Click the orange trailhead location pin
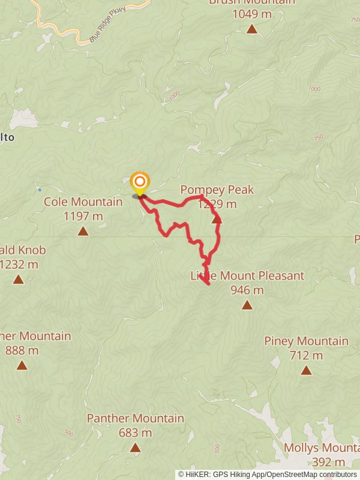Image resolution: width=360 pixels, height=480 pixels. point(140,182)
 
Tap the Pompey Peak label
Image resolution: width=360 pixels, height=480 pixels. point(217,190)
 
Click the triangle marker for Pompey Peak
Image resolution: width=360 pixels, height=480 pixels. point(217,220)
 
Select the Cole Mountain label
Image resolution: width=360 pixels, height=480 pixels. point(83,202)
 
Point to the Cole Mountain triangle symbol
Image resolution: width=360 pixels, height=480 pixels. point(83,231)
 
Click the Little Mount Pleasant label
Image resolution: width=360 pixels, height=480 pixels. point(247,276)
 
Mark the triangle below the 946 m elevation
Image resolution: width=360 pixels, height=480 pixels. point(247,305)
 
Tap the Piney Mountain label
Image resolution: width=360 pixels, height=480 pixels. point(306,341)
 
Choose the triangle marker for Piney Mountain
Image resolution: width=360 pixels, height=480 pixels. point(306,370)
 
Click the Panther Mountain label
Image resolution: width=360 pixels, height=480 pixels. point(135,418)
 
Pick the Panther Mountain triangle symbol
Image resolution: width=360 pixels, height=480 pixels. point(135,447)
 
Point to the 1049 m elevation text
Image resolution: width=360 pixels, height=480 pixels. point(252,14)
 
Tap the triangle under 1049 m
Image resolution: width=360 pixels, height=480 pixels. point(252,29)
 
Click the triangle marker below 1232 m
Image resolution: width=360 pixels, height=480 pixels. point(19,279)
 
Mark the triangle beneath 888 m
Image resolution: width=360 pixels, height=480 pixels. point(22,365)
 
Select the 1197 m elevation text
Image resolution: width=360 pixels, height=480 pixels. point(83,216)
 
